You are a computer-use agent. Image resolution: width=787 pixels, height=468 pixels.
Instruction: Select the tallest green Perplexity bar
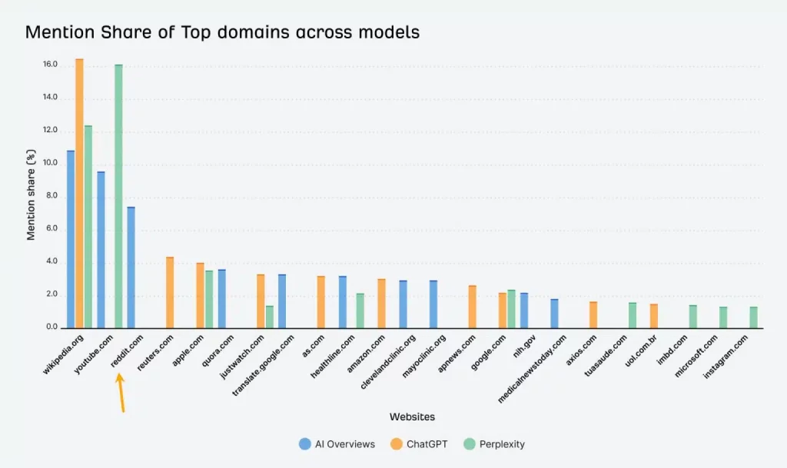(118, 197)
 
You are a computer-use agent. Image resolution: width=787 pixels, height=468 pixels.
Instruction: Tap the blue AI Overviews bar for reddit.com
(131, 267)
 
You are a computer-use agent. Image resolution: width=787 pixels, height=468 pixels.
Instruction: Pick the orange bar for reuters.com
(170, 293)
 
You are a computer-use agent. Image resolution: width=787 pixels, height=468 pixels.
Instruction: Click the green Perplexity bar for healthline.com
(360, 310)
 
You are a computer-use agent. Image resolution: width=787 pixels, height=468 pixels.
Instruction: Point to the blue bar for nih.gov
(524, 310)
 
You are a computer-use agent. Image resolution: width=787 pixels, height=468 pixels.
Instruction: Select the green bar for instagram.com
(753, 317)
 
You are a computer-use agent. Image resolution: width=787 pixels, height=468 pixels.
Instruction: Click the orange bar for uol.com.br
(653, 316)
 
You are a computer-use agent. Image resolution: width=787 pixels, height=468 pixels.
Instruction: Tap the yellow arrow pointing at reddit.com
(121, 393)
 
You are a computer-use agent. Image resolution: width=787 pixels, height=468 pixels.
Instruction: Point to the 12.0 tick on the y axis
(50, 131)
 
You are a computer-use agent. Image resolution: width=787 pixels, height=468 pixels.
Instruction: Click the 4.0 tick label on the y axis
(50, 262)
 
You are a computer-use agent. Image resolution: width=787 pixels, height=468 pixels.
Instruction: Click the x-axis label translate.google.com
(264, 365)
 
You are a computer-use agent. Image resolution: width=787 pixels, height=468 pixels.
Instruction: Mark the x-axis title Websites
(412, 417)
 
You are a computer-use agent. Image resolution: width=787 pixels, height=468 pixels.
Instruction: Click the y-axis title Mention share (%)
(32, 197)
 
